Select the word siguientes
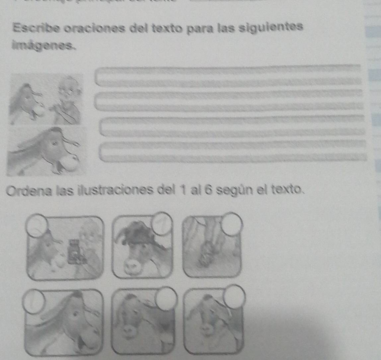(x=271, y=27)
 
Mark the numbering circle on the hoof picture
(x=232, y=224)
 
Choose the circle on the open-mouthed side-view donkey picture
(x=34, y=301)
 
